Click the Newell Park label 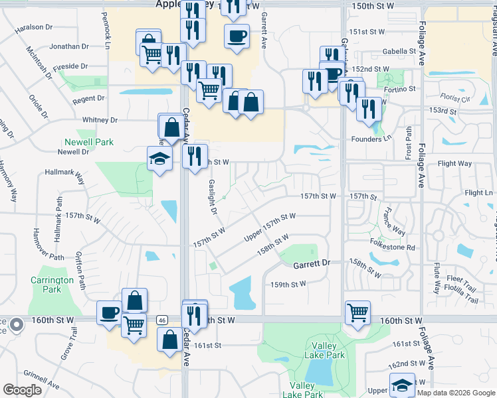click(x=89, y=142)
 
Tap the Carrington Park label click(x=52, y=285)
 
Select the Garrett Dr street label click(x=312, y=263)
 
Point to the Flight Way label click(x=454, y=163)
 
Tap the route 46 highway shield click(x=161, y=320)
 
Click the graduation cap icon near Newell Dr click(x=159, y=159)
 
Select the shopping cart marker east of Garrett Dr click(x=357, y=312)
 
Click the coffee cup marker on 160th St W click(x=109, y=312)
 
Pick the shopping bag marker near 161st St click(x=169, y=338)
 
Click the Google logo click(x=23, y=390)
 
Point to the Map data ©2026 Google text click(x=456, y=393)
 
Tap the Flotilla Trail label click(x=462, y=299)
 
